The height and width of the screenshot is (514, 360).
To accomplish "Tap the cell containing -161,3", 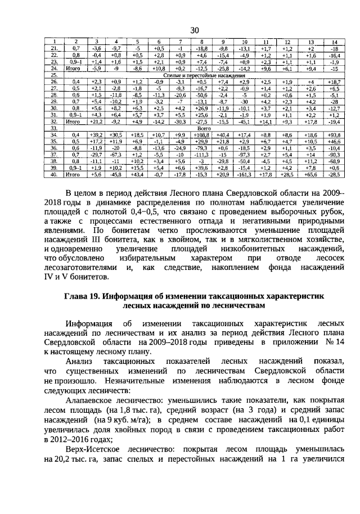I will click(244, 175).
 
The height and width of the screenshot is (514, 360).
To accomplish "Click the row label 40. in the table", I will click(55, 175).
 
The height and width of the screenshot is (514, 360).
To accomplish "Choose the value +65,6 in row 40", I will click(311, 175).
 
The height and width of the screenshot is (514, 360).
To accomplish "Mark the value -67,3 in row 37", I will click(115, 155).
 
